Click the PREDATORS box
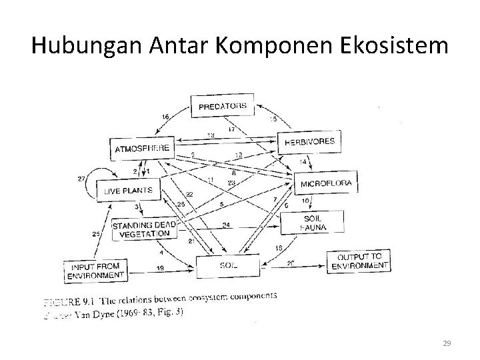[223, 105]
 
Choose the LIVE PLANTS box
[128, 190]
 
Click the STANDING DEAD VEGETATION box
[145, 229]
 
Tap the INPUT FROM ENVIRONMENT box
[95, 269]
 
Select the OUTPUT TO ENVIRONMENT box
[359, 260]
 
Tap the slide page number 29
[447, 343]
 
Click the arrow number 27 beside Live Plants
[81, 179]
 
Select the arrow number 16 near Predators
[165, 117]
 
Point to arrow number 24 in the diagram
[226, 225]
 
